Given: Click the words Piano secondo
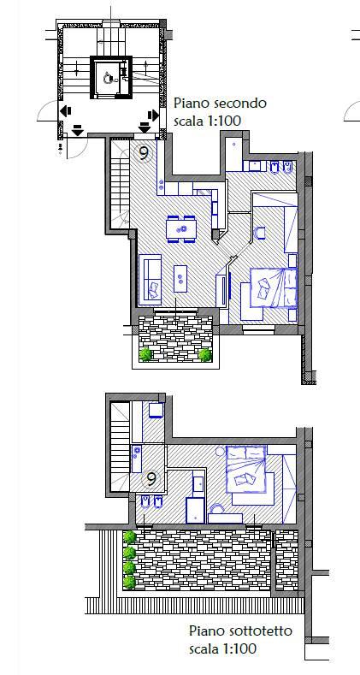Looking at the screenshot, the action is [220, 104].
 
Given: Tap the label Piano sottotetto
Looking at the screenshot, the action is [240, 631].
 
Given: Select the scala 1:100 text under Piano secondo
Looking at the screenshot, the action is [207, 121].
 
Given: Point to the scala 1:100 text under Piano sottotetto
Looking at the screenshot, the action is [223, 648].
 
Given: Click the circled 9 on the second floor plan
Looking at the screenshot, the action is [143, 152].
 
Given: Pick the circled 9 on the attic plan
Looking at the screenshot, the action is [151, 479].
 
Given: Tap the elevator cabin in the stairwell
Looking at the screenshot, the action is [110, 78].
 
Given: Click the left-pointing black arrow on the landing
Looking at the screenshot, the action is [65, 112].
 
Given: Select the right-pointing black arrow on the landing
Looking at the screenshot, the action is [153, 115].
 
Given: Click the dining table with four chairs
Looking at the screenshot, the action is [182, 228].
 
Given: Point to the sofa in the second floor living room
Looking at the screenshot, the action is [150, 280].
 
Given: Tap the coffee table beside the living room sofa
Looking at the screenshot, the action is [180, 278].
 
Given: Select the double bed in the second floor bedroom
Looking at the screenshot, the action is [274, 287].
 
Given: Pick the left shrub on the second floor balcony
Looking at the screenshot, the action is [146, 354].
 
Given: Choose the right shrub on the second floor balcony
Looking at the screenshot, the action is [205, 355].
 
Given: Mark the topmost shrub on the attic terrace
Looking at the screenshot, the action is [129, 536].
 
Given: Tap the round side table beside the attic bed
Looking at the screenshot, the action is [221, 451].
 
